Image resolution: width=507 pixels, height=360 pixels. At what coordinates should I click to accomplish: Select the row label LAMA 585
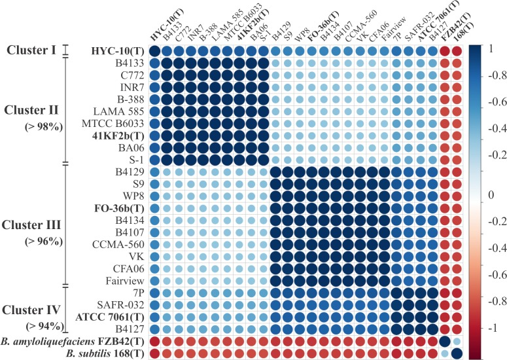(118, 112)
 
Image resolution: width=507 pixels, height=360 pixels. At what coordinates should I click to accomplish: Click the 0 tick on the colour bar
(491, 194)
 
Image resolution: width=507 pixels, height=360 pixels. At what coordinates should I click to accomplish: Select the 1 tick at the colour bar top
(493, 48)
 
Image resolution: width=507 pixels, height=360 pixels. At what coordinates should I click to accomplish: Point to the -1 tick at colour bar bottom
(492, 327)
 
